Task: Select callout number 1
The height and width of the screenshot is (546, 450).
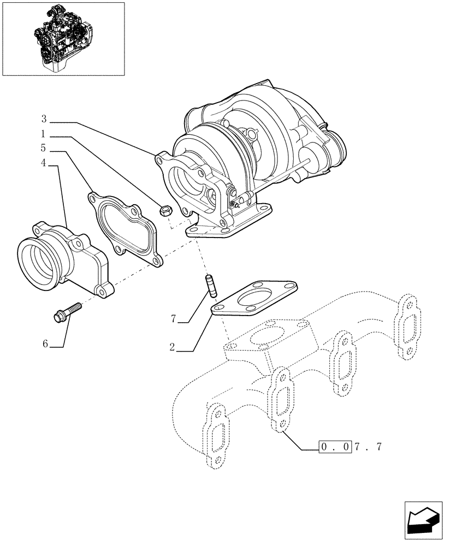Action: (44, 134)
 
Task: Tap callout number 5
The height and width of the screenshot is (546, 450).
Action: (44, 148)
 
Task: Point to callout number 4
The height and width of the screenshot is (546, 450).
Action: (44, 163)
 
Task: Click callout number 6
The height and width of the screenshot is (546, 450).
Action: (46, 343)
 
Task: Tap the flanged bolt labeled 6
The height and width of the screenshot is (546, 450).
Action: (66, 311)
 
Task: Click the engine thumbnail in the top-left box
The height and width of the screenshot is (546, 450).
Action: (63, 38)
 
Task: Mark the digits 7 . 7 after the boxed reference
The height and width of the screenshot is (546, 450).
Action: (367, 447)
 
